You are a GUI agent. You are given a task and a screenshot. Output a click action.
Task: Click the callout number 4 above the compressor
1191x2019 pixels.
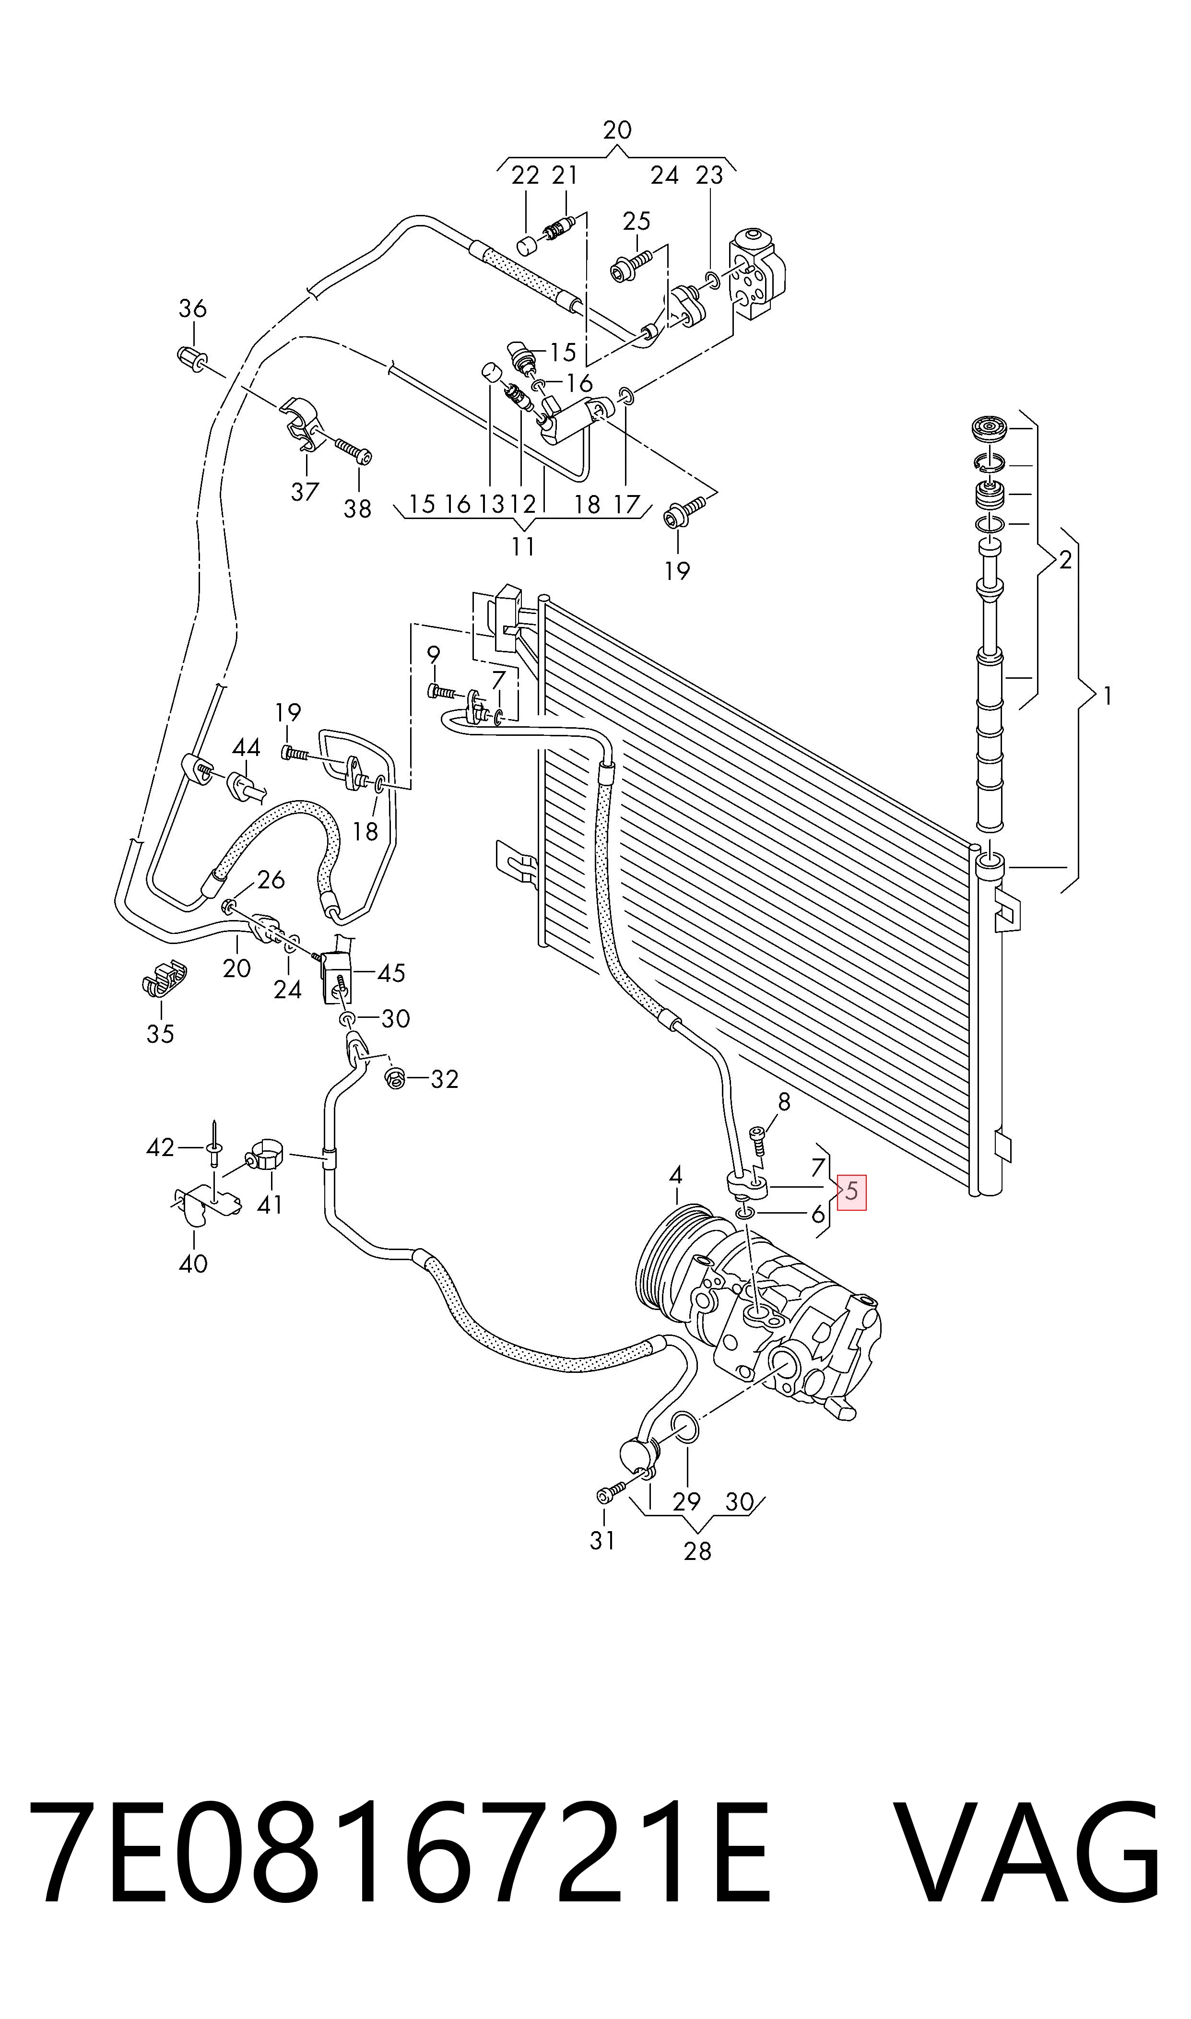(x=676, y=1176)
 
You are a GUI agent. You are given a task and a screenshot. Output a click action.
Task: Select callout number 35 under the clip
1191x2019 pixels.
(x=161, y=1034)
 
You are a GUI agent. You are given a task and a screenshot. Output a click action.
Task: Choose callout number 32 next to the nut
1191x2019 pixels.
(x=444, y=1079)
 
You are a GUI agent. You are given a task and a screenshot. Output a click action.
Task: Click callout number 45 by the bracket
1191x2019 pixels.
(x=391, y=973)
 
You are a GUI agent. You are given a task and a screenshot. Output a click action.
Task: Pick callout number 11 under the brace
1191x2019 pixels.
(x=523, y=546)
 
